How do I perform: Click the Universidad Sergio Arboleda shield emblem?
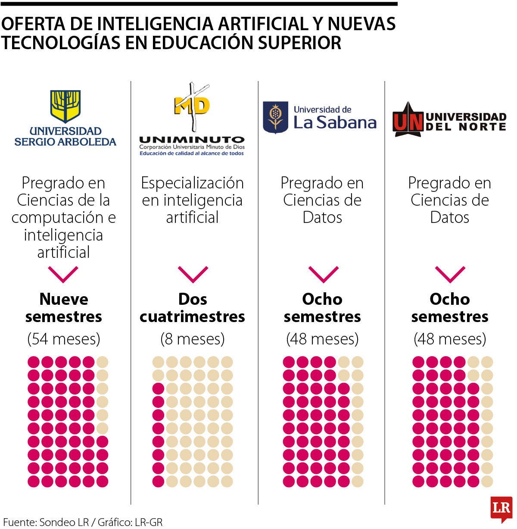[x=65, y=106]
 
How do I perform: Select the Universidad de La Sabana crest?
[x=275, y=117]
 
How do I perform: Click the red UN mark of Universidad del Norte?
[x=408, y=121]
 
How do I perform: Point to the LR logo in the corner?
[x=501, y=508]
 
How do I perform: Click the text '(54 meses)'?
[x=64, y=339]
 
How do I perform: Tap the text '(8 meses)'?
[x=193, y=339]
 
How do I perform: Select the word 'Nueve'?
[x=64, y=299]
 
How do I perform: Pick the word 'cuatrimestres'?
[x=193, y=316]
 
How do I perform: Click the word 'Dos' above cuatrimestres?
[x=193, y=299]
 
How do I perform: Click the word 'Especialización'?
[x=193, y=183]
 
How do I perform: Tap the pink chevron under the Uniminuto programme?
[x=193, y=274]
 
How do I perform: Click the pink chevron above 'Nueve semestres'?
[x=63, y=274]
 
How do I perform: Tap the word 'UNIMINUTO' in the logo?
[x=192, y=140]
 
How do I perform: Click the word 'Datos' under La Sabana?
[x=322, y=217]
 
